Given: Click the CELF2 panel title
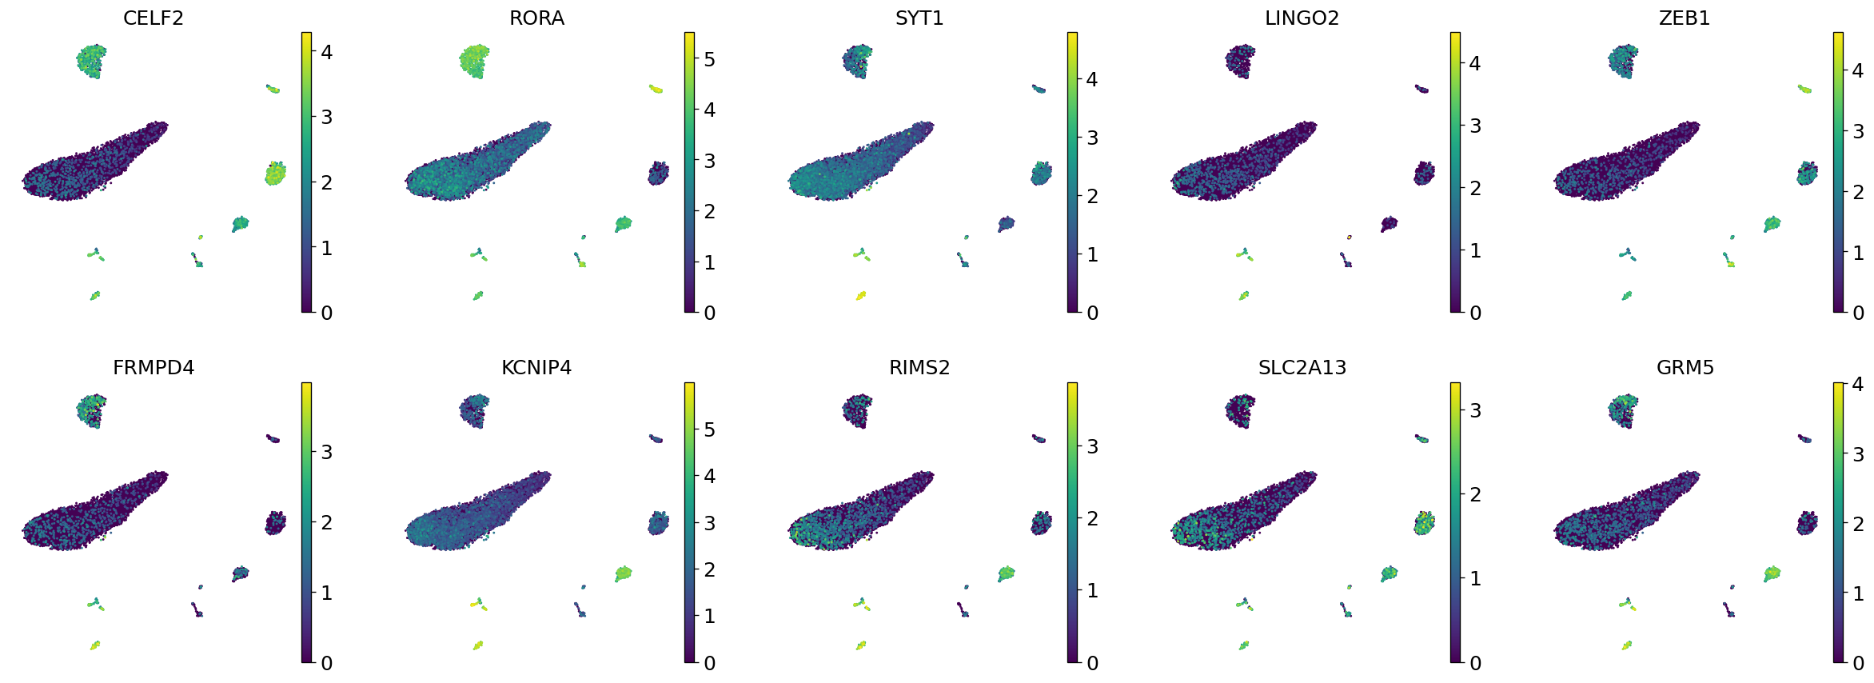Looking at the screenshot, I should [153, 18].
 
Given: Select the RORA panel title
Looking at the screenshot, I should [536, 18].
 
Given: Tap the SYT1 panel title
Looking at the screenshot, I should [919, 18].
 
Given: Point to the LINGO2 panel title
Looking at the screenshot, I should [1302, 18].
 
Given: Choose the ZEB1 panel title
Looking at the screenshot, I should [1685, 18].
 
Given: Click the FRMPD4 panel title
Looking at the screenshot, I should [153, 368].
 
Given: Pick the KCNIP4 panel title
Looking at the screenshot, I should [536, 368].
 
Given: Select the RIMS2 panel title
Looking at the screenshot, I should [919, 368].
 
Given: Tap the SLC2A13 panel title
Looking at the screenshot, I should [1302, 368].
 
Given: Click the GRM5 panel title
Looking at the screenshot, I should [1685, 368].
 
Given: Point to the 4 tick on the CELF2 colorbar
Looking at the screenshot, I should [326, 52].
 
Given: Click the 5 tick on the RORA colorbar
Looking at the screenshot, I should [709, 59].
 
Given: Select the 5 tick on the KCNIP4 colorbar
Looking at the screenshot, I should [709, 429].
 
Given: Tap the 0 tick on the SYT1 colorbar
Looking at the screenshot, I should [1092, 313].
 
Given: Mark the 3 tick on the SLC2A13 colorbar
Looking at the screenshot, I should [1475, 410].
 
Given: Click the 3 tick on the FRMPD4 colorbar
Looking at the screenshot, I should [326, 452].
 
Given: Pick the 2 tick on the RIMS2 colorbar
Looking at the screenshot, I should [1092, 518].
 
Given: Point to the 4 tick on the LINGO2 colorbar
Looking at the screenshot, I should [1475, 63].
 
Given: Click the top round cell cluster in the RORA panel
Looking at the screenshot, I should [475, 62].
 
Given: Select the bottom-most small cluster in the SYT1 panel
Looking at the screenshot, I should [861, 296].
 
